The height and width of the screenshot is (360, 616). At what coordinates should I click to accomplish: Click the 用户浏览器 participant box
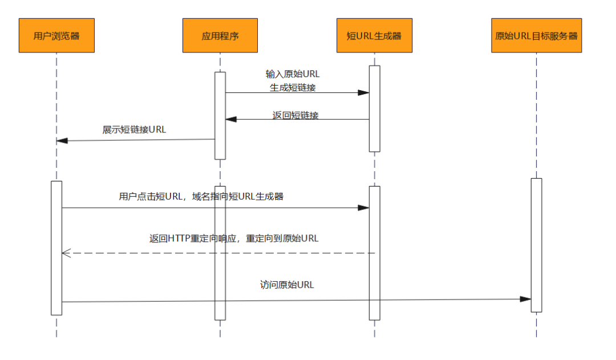tap(56, 35)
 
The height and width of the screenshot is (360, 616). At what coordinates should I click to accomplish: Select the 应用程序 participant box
tap(220, 35)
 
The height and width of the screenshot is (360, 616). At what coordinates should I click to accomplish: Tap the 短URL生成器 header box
tap(374, 35)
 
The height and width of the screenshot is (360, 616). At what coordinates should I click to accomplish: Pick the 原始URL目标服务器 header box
tap(536, 35)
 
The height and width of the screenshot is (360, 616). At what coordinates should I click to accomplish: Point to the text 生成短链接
tap(293, 87)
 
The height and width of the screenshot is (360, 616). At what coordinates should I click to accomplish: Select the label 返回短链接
tap(295, 115)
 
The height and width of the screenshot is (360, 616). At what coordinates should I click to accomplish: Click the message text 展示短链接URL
tap(134, 130)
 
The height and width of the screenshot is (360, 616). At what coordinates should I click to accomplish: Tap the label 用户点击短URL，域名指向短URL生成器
tap(201, 197)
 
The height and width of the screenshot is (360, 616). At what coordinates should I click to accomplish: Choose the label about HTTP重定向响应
tap(234, 238)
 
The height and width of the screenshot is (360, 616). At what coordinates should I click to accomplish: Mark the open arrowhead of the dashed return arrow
tap(66, 253)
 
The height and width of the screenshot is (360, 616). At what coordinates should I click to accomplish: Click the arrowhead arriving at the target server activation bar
tap(525, 299)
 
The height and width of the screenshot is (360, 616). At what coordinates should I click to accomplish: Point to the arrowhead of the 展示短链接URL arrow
tap(62, 140)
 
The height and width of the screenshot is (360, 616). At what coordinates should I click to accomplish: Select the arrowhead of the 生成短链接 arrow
tap(363, 92)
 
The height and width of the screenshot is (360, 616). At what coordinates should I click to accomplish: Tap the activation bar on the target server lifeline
tap(536, 245)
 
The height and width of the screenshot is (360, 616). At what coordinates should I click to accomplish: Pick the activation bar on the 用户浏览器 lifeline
tap(56, 248)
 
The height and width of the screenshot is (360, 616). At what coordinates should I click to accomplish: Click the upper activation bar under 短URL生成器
tap(374, 108)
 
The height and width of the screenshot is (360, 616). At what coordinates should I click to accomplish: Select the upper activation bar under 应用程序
tap(220, 115)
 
